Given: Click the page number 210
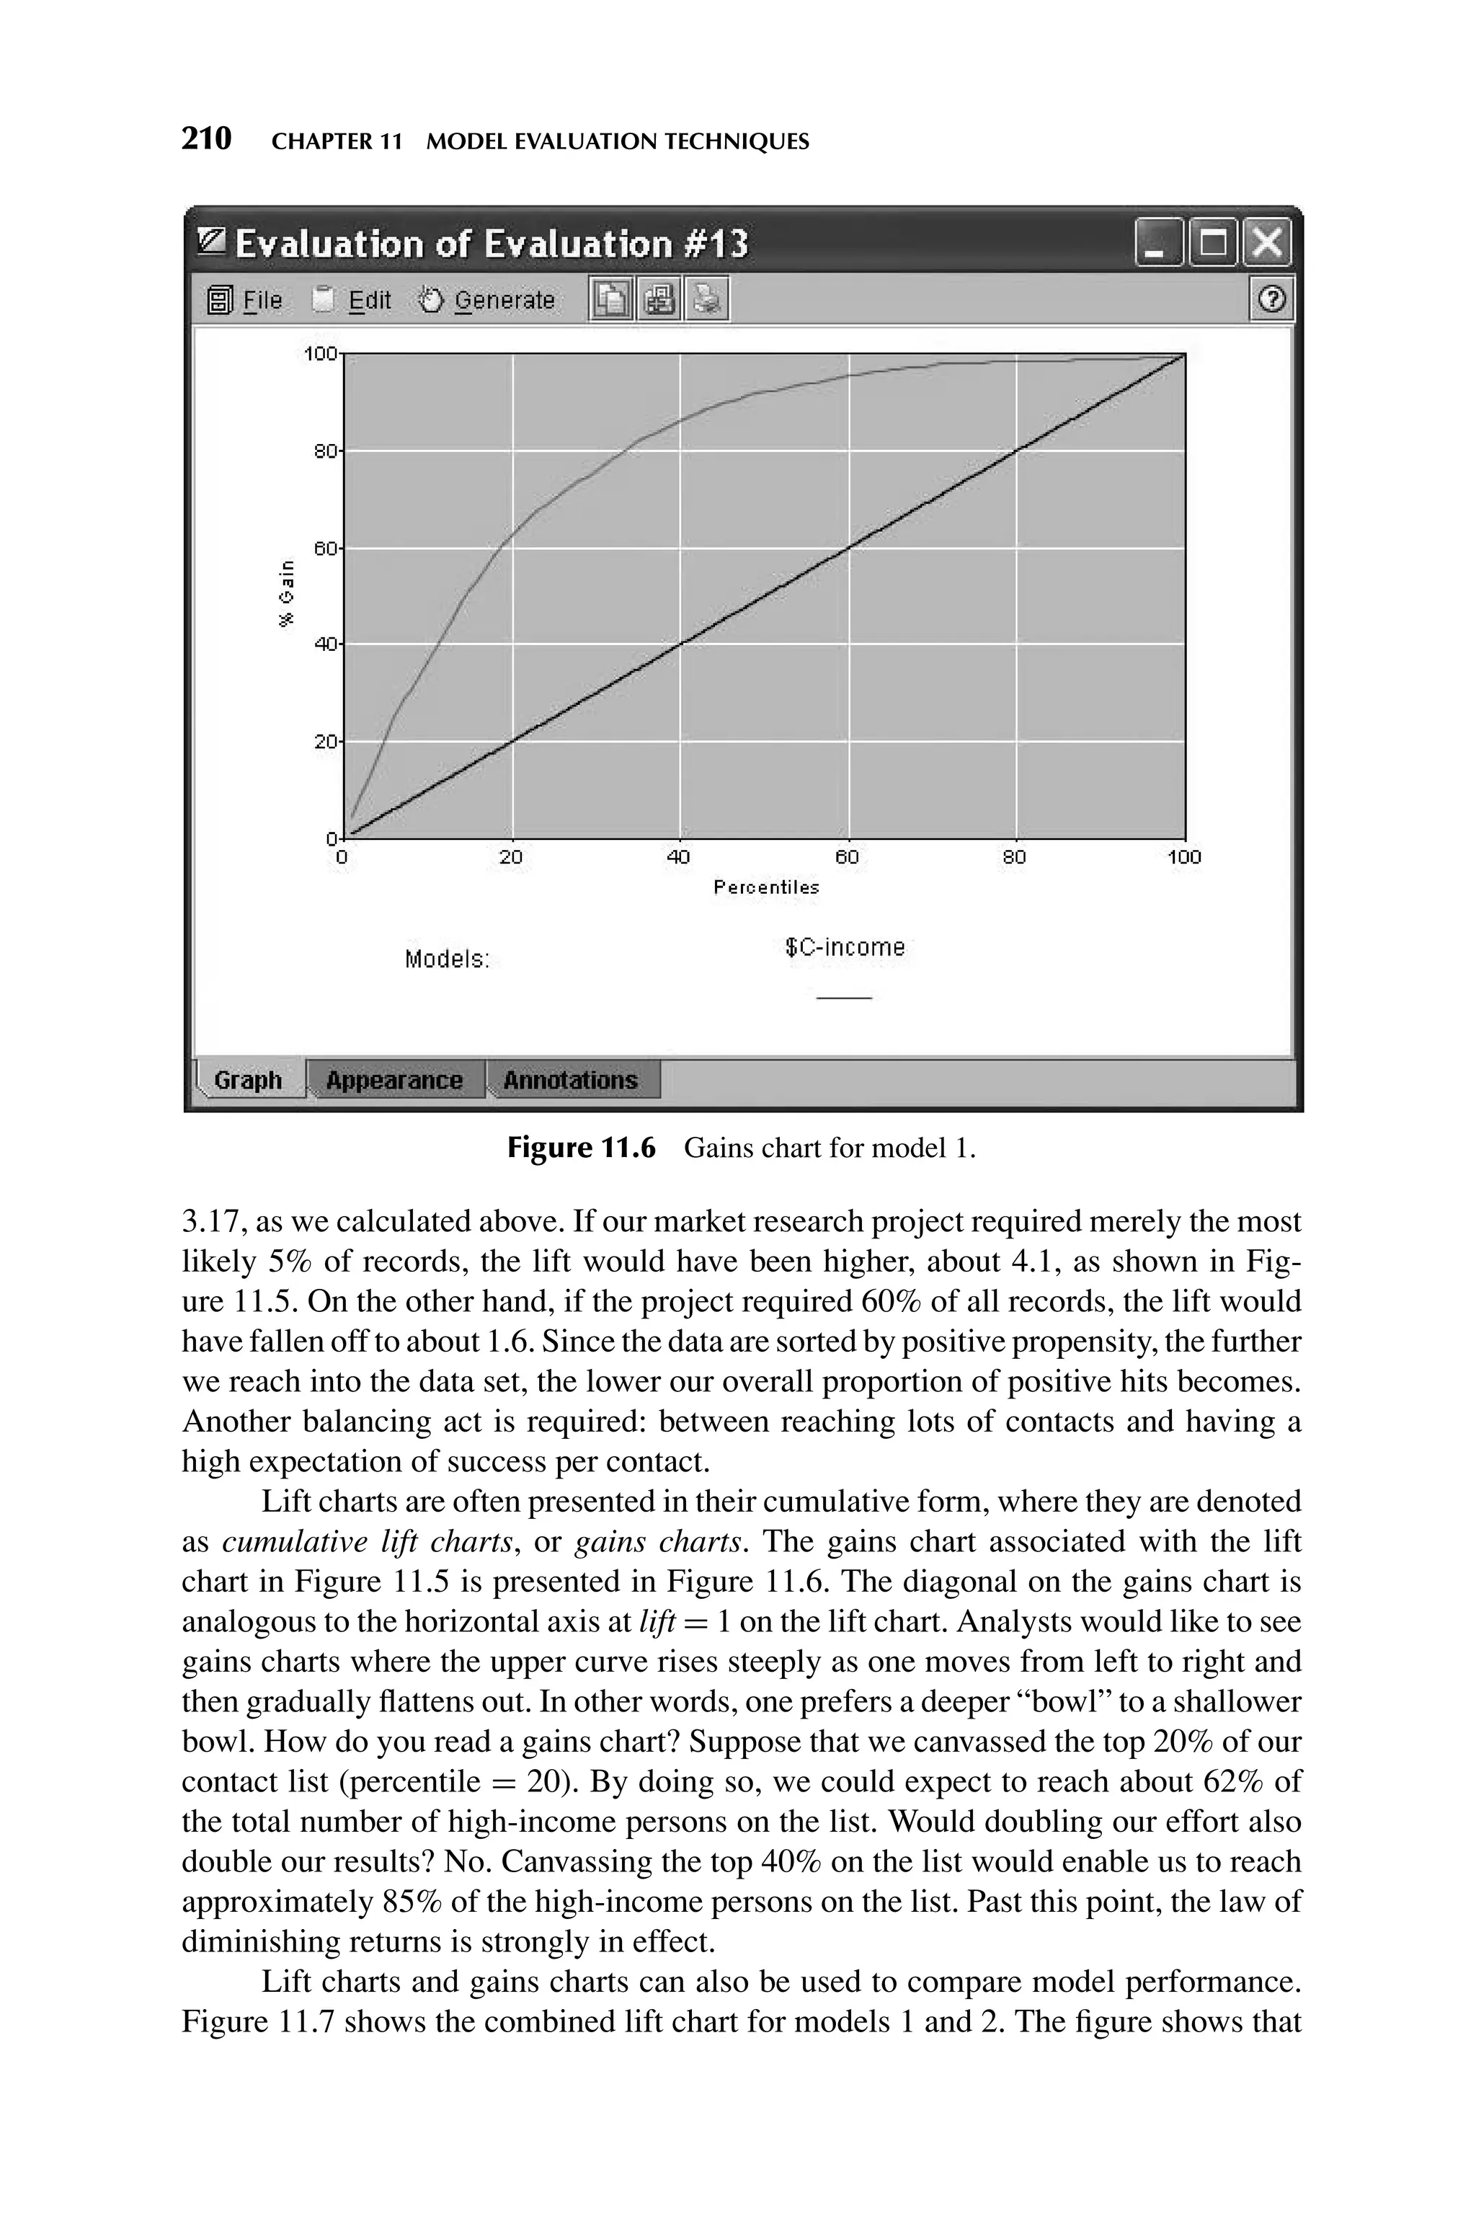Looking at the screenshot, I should pos(206,139).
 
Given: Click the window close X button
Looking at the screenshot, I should pos(1267,244).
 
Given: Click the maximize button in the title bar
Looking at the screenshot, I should pos(1214,244).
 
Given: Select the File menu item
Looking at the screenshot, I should pos(262,301).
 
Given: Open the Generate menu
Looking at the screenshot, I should pos(504,301).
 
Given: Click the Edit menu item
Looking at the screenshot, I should pos(369,301).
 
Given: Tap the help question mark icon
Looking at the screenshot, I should pos(1271,301).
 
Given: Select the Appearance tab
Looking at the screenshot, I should pos(394,1080).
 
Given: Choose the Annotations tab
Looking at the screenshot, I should pos(571,1080).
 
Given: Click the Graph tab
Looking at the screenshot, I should pos(248,1080).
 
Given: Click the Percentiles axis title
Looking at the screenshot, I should pos(766,887).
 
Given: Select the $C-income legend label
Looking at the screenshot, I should pos(845,947).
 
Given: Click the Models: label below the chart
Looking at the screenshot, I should pos(447,960).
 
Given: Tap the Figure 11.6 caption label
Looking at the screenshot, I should pos(581,1148).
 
